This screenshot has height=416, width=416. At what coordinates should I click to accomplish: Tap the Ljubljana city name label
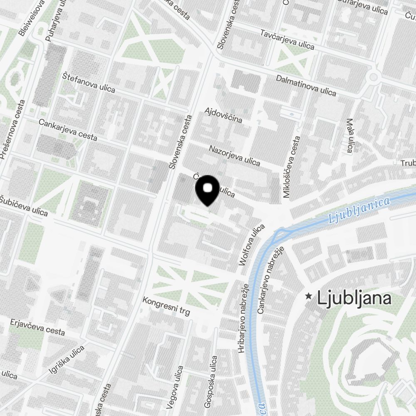pyautogui.click(x=354, y=298)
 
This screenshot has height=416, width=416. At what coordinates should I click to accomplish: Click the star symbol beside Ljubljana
pyautogui.click(x=309, y=296)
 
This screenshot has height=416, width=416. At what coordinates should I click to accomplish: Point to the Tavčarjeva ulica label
pyautogui.click(x=287, y=40)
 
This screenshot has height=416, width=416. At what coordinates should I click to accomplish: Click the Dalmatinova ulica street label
pyautogui.click(x=306, y=85)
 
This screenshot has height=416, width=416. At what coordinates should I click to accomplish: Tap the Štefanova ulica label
pyautogui.click(x=89, y=82)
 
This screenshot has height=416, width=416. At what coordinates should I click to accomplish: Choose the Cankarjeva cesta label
pyautogui.click(x=67, y=130)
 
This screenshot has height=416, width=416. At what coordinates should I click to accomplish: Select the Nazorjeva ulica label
pyautogui.click(x=234, y=155)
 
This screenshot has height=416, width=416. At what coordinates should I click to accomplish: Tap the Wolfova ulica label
pyautogui.click(x=252, y=245)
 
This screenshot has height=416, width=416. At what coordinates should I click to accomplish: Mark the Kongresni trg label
pyautogui.click(x=166, y=306)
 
